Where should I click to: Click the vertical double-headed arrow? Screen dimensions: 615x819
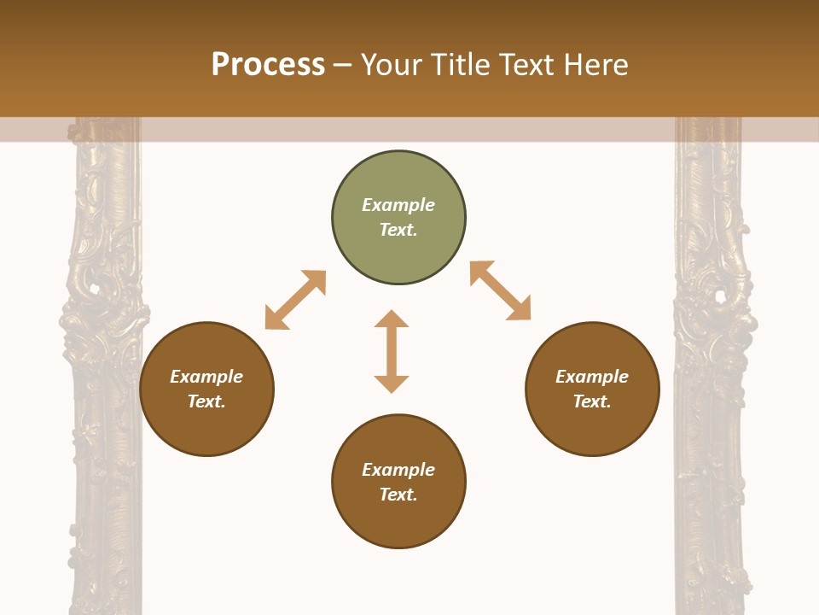pyautogui.click(x=392, y=351)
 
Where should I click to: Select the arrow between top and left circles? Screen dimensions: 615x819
pyautogui.click(x=295, y=300)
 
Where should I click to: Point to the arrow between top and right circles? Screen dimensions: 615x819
pyautogui.click(x=500, y=290)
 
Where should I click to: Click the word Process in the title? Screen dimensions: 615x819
pyautogui.click(x=268, y=64)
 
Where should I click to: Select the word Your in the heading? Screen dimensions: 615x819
pyautogui.click(x=392, y=64)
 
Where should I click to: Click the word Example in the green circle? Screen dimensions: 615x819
pyautogui.click(x=398, y=205)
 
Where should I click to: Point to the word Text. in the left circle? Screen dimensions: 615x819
pyautogui.click(x=206, y=401)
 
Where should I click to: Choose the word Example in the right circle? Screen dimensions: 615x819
pyautogui.click(x=592, y=377)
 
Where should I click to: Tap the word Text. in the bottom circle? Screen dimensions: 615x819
pyautogui.click(x=398, y=495)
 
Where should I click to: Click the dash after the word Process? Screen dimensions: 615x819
pyautogui.click(x=343, y=65)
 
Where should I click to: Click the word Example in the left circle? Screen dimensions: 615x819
pyautogui.click(x=206, y=377)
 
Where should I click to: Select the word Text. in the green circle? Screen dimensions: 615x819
pyautogui.click(x=398, y=230)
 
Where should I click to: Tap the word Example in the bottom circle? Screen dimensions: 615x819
pyautogui.click(x=398, y=470)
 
